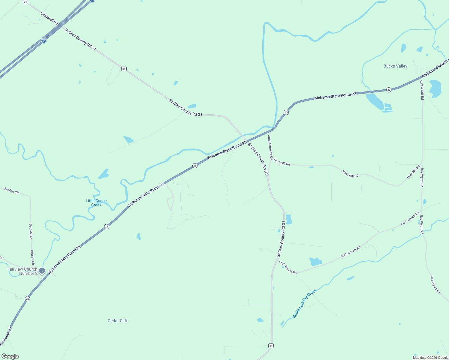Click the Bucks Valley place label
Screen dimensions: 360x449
click(x=395, y=66)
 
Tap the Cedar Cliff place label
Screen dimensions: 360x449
click(x=118, y=321)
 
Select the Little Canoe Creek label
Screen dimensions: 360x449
click(x=96, y=203)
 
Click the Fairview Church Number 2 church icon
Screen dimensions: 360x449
click(x=42, y=271)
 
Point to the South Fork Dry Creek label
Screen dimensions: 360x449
click(x=304, y=303)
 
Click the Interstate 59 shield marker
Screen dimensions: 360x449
click(x=44, y=40)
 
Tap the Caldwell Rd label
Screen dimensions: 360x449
click(x=49, y=18)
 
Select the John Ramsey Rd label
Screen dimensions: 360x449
click(x=270, y=147)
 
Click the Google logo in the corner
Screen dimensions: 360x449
click(x=10, y=356)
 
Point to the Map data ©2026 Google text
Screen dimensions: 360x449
click(x=430, y=358)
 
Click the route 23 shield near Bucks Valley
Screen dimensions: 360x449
click(x=389, y=90)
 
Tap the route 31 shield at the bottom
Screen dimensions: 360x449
click(x=271, y=346)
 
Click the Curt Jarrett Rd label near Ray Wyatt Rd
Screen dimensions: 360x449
click(x=410, y=219)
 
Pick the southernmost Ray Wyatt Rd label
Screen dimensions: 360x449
click(x=435, y=284)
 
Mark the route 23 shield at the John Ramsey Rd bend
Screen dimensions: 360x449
click(x=286, y=112)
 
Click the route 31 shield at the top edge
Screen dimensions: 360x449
click(x=26, y=2)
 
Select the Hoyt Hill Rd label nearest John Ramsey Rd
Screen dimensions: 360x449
click(x=282, y=163)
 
